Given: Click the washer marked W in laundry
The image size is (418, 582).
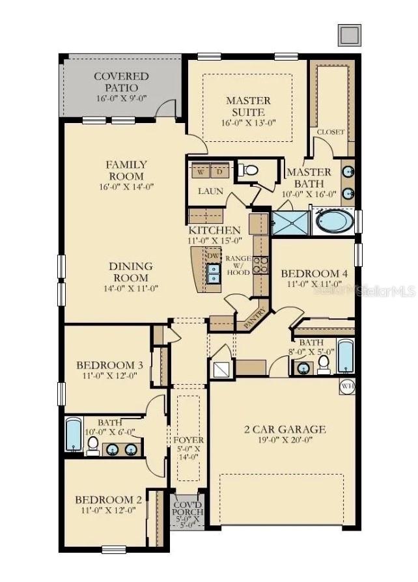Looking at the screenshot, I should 201,172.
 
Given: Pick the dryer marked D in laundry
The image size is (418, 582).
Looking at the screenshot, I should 219,172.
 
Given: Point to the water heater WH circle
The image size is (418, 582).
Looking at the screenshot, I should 346,386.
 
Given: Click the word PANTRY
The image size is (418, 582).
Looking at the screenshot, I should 254,318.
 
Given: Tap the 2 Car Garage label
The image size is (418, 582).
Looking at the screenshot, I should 285,430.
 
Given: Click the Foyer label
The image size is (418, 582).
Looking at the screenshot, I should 189,441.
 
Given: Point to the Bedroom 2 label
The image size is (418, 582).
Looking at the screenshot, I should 109,500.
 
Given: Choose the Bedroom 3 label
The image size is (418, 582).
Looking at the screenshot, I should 109,365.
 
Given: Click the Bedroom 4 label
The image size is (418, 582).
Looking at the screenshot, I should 318,274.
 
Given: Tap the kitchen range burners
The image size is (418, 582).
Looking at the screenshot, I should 260,264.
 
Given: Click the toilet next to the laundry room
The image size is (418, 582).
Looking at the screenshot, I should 249,171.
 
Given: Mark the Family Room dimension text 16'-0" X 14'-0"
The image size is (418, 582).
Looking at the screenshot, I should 126,187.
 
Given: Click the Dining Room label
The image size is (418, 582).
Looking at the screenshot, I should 131,266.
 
